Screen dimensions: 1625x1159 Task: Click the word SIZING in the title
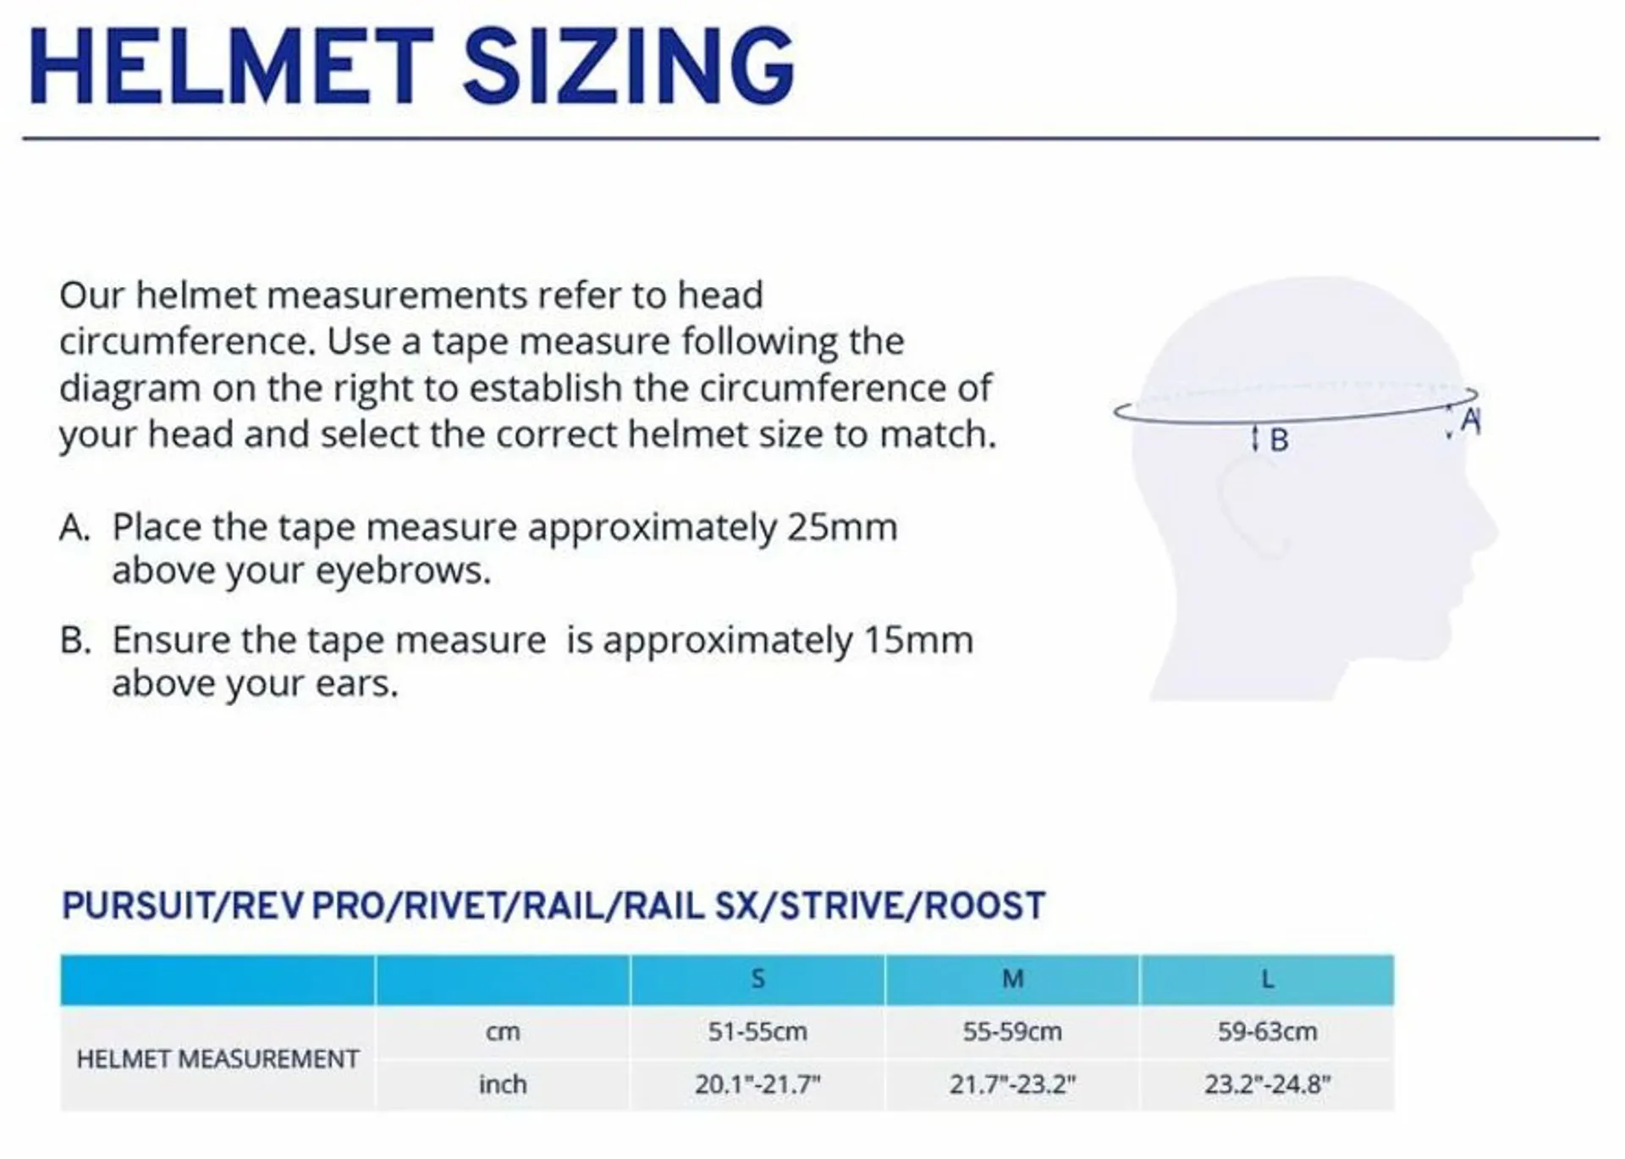(628, 66)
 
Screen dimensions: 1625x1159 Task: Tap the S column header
(757, 980)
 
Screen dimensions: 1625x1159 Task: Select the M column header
(1012, 980)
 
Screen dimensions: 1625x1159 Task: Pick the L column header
(1267, 980)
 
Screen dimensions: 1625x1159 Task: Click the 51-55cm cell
(757, 1032)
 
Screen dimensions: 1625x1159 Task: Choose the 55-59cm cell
(1012, 1032)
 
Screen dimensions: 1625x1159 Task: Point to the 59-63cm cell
(1267, 1032)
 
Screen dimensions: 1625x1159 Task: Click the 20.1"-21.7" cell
(757, 1084)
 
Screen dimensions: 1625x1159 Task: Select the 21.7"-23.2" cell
(1012, 1084)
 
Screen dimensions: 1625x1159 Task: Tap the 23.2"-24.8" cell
(1267, 1084)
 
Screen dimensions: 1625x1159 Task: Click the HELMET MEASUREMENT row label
(218, 1059)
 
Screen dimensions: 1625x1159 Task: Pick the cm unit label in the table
(502, 1032)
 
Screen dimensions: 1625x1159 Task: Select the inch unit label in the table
(502, 1084)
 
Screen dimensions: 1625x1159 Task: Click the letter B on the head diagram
(1279, 440)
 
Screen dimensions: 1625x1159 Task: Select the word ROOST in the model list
(985, 906)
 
